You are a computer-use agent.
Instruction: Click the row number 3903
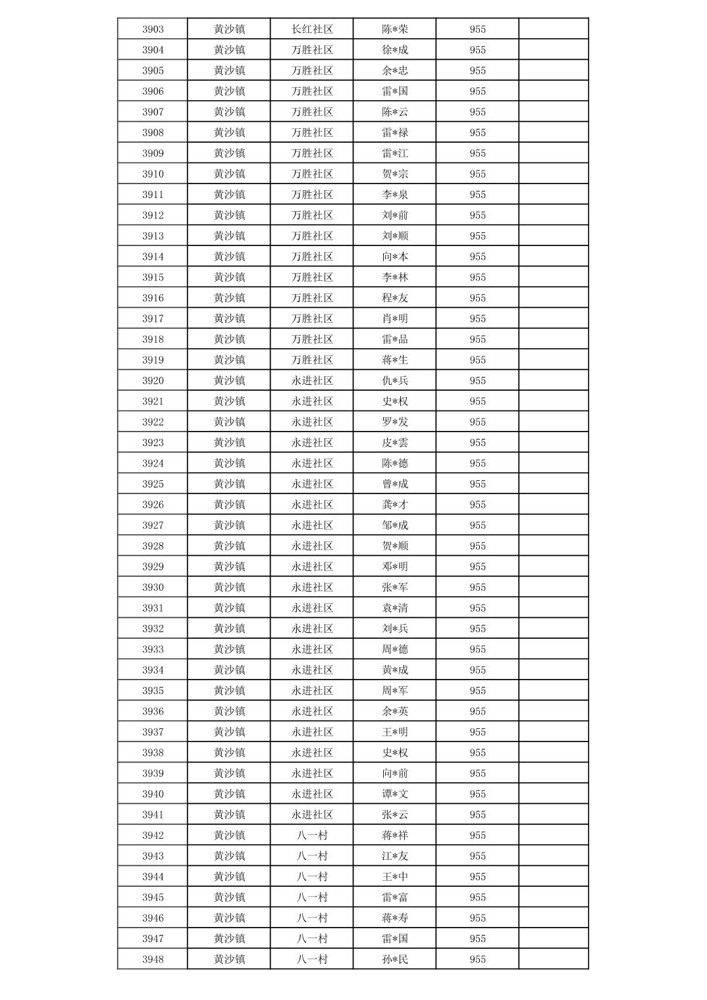[153, 29]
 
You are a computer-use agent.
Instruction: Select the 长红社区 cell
[312, 29]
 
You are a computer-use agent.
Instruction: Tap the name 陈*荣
[395, 29]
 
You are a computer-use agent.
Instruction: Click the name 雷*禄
[395, 132]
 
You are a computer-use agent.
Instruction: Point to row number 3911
[153, 195]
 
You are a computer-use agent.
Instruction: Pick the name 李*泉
[395, 195]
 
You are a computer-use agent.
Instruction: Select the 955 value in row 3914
[477, 257]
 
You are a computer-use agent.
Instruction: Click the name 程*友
[395, 298]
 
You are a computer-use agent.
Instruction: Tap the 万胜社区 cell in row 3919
[312, 360]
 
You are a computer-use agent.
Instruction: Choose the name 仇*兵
[395, 380]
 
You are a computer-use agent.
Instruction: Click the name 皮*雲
[395, 443]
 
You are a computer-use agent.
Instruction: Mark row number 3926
[153, 505]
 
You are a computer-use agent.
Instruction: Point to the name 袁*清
[395, 608]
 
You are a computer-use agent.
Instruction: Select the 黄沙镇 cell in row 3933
[229, 649]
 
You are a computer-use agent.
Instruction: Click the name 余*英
[395, 711]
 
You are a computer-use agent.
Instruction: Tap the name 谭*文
[395, 794]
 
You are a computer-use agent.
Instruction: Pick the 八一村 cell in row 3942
[312, 836]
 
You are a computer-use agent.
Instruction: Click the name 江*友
[395, 856]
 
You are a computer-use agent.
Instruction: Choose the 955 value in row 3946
[477, 918]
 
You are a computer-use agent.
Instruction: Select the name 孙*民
[395, 959]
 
